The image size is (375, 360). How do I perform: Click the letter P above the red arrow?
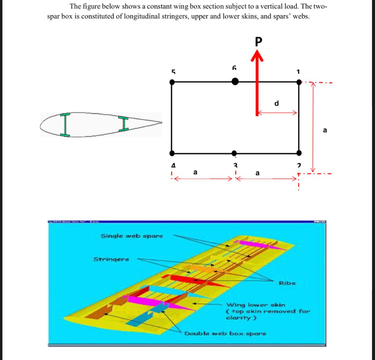pos(259,42)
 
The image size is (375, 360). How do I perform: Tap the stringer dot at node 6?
pos(235,81)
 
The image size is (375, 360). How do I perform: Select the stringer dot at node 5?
pos(172,82)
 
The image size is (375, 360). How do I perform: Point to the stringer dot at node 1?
pos(299,82)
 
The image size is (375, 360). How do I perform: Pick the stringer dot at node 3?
pos(234,153)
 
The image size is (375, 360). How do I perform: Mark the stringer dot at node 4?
pos(172,153)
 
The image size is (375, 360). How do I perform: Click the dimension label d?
pos(276,104)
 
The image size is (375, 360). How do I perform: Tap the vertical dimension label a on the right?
pos(324,130)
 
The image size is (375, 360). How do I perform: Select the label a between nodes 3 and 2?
pos(257,173)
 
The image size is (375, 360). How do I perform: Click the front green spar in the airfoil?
pos(65,125)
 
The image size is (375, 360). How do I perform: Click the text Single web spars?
pos(131,236)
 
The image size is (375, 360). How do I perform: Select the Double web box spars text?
pos(225,333)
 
